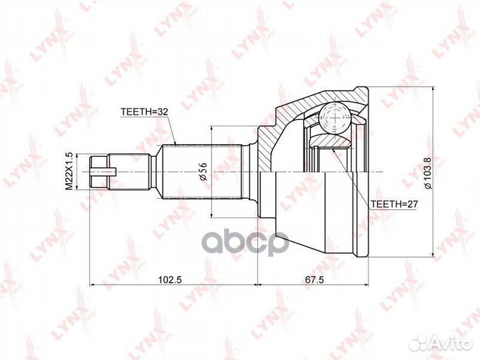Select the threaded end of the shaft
(x=100, y=172)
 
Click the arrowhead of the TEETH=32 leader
(x=174, y=144)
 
